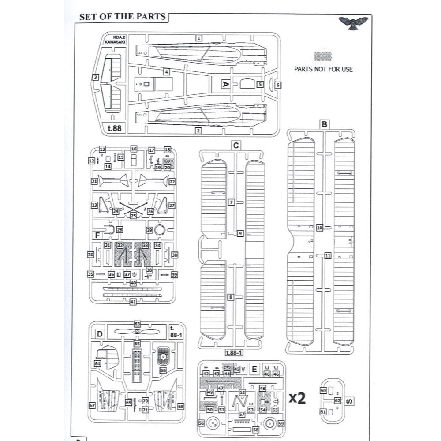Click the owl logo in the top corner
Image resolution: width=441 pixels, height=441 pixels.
tap(355, 23)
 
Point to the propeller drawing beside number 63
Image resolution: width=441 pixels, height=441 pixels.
tap(137, 331)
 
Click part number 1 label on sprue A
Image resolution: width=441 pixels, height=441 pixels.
tap(199, 38)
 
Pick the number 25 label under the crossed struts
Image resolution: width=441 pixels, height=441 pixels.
tap(133, 215)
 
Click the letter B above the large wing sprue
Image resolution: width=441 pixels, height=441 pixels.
tap(324, 124)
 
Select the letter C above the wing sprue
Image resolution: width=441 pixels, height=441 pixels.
tap(236, 145)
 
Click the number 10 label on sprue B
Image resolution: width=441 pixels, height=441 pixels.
tap(320, 228)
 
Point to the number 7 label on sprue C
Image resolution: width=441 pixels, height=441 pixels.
tap(231, 202)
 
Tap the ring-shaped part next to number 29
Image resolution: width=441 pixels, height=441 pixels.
tap(161, 230)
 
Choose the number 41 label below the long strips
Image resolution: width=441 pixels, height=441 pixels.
tap(133, 302)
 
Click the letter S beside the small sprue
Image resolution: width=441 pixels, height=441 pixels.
tap(349, 401)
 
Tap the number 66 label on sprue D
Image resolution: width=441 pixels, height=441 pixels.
tap(163, 371)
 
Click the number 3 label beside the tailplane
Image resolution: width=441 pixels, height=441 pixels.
tap(95, 77)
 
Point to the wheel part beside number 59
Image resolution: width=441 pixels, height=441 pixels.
tap(270, 423)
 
